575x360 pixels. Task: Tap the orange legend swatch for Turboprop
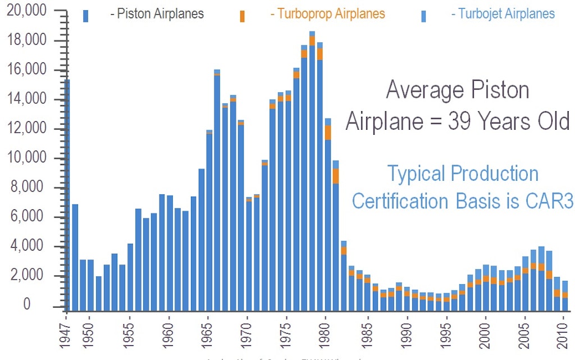(242, 16)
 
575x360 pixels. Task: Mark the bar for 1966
(217, 191)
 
